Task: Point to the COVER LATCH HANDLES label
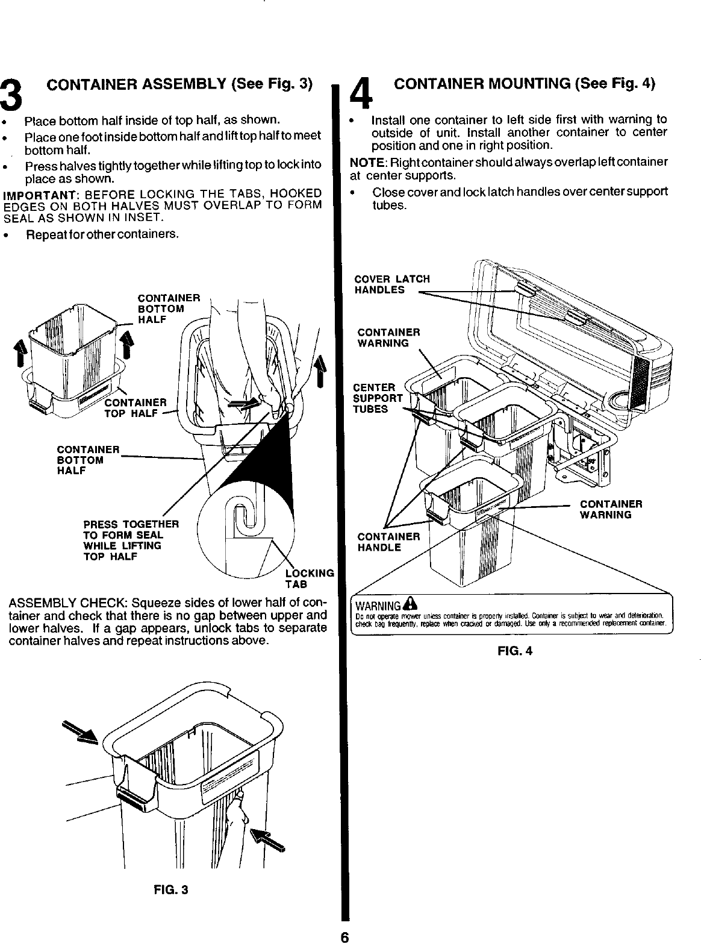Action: click(x=392, y=284)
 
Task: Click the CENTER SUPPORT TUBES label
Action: click(x=378, y=398)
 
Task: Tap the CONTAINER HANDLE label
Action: click(x=388, y=542)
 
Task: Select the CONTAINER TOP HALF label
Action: click(x=136, y=407)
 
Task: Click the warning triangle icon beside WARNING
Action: click(x=410, y=603)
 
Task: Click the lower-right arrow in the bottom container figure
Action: click(x=268, y=838)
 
